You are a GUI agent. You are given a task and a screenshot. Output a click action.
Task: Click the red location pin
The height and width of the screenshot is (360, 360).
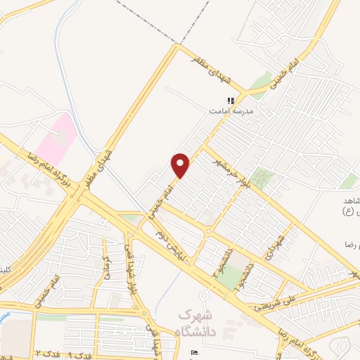(181, 165)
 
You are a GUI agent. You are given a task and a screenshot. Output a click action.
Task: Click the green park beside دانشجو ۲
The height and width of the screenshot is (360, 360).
(228, 276)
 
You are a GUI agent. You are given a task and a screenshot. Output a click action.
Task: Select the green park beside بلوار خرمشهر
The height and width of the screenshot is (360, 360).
(263, 177)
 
